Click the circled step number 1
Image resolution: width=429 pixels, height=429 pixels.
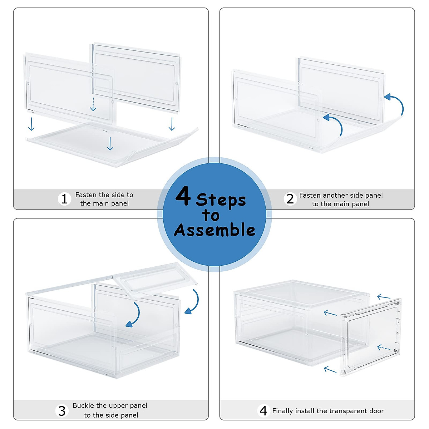64,199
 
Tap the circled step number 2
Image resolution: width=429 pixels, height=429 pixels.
290,199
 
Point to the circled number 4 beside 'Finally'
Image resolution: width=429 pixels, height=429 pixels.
263,411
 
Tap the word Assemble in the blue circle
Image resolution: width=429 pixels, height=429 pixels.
214,230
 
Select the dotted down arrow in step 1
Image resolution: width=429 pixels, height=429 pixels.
93,104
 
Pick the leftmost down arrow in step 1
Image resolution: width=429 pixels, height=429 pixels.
31,124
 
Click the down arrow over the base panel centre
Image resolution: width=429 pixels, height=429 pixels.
110,144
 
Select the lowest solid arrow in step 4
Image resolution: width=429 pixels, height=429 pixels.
330,370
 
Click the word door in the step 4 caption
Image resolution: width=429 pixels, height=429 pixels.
376,411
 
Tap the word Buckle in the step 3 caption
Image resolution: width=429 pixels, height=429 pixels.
82,406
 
